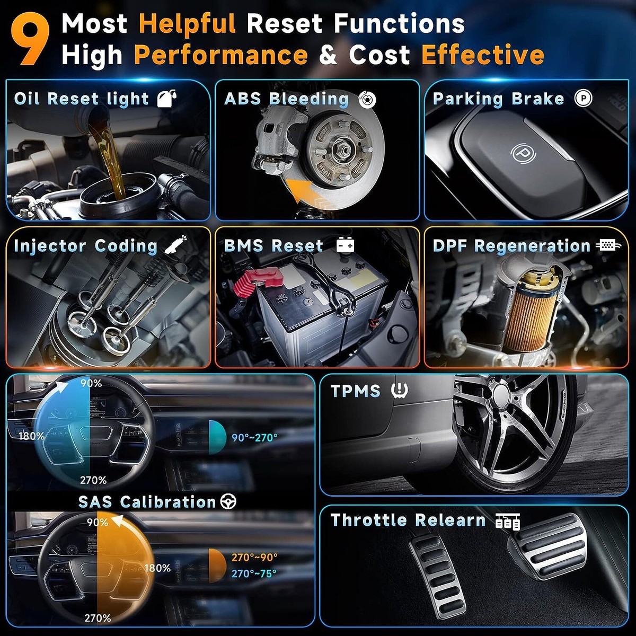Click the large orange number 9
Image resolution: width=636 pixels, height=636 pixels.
tap(30, 40)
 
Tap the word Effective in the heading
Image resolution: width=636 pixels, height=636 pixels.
tap(482, 55)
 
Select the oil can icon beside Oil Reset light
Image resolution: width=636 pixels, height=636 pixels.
tap(166, 99)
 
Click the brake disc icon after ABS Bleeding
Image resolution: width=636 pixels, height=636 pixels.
tap(367, 99)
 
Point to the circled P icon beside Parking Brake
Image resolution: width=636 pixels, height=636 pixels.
tap(583, 98)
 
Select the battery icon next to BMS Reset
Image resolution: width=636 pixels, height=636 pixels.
tap(345, 245)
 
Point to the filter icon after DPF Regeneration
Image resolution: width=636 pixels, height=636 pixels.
tap(608, 245)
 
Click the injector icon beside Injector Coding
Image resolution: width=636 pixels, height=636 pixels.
tap(175, 244)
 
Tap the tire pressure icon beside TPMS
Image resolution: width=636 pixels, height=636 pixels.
tap(400, 391)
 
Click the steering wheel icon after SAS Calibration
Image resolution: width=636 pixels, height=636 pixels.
tap(228, 502)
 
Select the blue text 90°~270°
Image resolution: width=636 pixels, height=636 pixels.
tap(254, 438)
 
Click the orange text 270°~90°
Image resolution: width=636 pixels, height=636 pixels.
tap(254, 557)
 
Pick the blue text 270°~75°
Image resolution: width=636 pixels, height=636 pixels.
tap(254, 573)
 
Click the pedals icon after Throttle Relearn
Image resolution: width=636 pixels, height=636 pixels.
tap(508, 522)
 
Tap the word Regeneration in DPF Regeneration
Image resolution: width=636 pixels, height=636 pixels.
tap(532, 246)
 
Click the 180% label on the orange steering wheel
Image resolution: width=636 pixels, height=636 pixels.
tap(157, 568)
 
